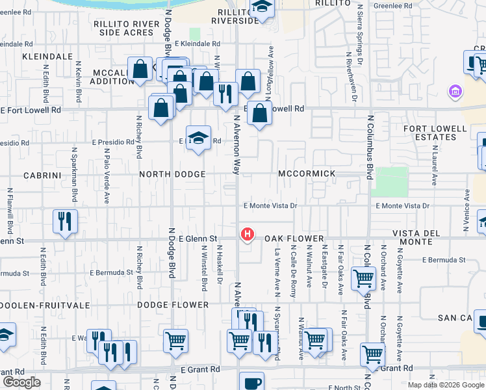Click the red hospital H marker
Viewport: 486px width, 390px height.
tap(248, 234)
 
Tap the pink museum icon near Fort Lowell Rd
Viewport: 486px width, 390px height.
tap(454, 92)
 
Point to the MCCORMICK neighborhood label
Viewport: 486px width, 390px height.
tap(307, 174)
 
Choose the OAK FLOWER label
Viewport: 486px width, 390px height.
tap(294, 239)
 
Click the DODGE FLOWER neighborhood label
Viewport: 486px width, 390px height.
tap(173, 304)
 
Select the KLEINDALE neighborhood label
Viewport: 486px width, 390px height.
tap(47, 57)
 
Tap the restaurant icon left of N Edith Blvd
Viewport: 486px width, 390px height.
tap(66, 221)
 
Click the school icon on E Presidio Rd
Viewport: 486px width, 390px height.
tap(199, 137)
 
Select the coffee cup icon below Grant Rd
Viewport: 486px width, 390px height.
tap(252, 383)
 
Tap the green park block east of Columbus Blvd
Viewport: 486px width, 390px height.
tap(392, 182)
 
